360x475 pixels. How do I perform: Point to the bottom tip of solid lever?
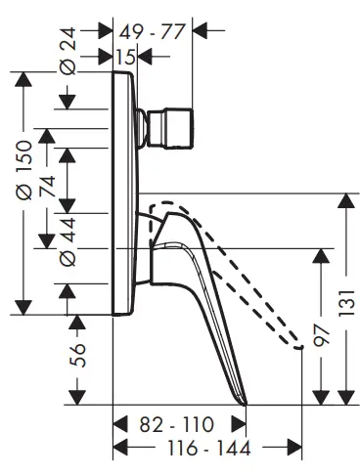coord(241,402)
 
